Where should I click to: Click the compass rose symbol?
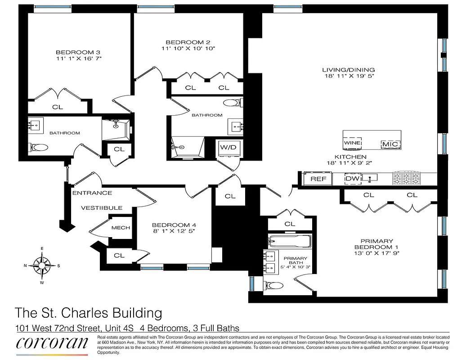coord(42,265)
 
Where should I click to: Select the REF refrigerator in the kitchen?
coord(318,179)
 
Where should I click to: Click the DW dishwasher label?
coord(352,179)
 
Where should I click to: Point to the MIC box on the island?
coord(390,144)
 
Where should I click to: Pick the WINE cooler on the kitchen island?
coord(353,143)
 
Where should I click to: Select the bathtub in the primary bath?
coord(290,241)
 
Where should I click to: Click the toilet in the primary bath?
coord(275,285)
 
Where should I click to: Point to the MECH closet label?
coord(121,228)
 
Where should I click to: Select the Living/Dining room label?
coord(348,70)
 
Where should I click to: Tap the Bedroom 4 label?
coord(174,225)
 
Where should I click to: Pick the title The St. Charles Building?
coord(88,312)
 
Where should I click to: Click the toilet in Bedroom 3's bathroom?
coord(39,147)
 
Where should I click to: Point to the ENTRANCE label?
coord(92,193)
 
